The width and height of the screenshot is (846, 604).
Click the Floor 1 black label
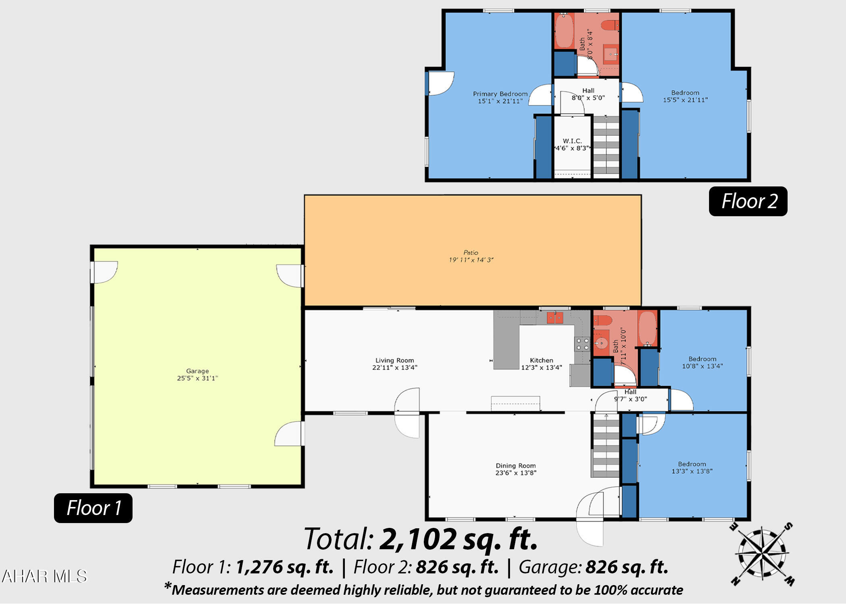[x=93, y=508]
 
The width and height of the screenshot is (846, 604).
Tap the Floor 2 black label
[x=748, y=201]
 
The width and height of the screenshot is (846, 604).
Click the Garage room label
[x=197, y=374]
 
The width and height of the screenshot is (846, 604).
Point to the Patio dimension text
[x=471, y=260]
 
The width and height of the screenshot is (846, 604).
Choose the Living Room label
[x=395, y=364]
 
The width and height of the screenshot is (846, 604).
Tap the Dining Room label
[x=516, y=469]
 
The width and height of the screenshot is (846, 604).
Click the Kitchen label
[x=541, y=364]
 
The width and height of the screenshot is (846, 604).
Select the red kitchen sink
[x=555, y=318]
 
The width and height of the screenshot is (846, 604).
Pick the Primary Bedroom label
[x=500, y=97]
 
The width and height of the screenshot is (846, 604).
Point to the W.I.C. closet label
[x=572, y=145]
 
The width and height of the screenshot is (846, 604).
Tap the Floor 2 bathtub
[x=563, y=31]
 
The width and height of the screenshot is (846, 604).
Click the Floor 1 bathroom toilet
[x=603, y=321]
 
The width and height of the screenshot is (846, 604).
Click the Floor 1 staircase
[x=605, y=445]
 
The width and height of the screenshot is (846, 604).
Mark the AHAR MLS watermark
[x=44, y=576]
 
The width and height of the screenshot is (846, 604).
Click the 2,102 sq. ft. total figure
[x=458, y=539]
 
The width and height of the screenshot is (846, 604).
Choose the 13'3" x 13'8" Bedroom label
[x=692, y=467]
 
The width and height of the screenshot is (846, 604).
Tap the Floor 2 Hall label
[x=588, y=94]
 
